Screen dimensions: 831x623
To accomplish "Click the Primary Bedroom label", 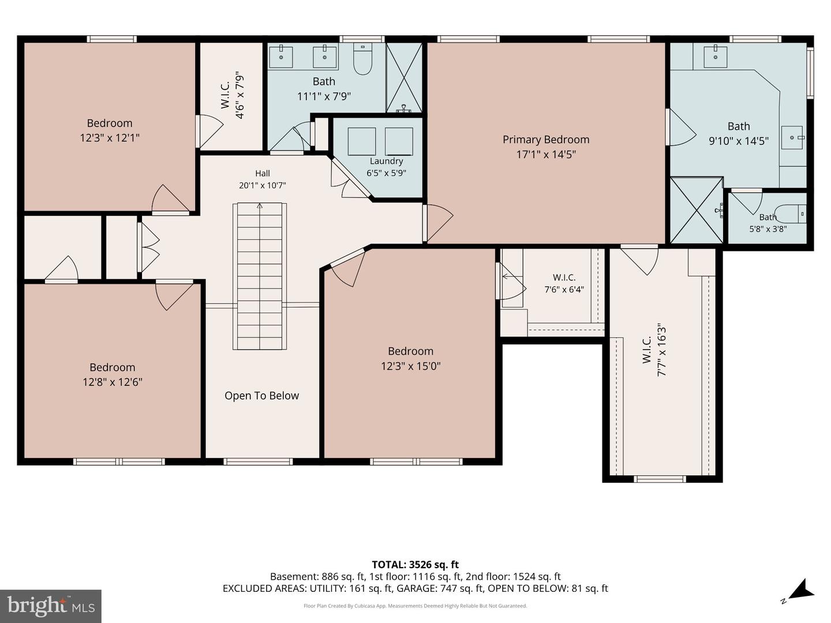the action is click(546, 140).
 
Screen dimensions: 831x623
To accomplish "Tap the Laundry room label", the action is click(386, 161).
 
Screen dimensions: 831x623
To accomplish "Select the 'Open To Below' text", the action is click(261, 396).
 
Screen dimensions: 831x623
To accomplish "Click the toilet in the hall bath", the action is click(362, 59).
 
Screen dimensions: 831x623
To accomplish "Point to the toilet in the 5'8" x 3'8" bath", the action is click(790, 215).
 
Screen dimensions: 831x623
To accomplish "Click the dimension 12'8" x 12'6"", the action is click(113, 382).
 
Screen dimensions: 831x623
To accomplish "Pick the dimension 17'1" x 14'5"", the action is click(546, 155).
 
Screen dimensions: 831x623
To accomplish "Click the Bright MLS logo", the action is click(51, 606).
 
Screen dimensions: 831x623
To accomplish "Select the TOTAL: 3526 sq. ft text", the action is click(415, 565).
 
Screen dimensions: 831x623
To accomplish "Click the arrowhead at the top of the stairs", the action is click(260, 206).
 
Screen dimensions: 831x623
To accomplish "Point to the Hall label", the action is click(263, 173).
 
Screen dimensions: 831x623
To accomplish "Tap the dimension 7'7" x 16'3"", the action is click(661, 350).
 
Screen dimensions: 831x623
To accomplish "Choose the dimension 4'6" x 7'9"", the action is click(239, 95).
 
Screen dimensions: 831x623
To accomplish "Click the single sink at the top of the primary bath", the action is click(716, 57).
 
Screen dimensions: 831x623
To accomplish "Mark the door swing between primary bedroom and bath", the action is click(683, 127).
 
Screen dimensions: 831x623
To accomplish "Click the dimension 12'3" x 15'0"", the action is click(411, 366).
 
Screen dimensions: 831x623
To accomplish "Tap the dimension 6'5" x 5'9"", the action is click(386, 173).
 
